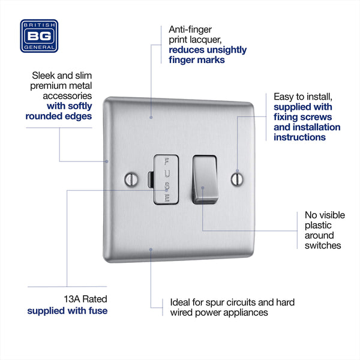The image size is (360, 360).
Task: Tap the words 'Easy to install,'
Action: coord(303,96)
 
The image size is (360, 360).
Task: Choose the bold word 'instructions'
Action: coord(299,137)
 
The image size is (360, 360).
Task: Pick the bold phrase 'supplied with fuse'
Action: coord(67,311)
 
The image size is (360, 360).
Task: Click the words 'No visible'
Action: coord(325,215)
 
